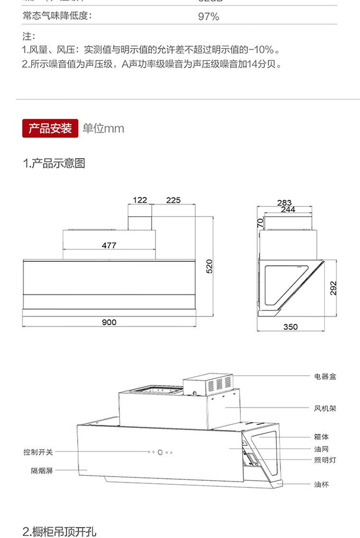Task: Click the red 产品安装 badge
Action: pos(50,128)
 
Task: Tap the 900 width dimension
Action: pos(109,322)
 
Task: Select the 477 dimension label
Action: pos(109,245)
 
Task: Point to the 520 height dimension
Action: pos(209,266)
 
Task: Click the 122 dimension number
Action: pos(140,200)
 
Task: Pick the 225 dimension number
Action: pos(173,200)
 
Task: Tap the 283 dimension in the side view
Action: pos(284,203)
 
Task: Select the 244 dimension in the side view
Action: pos(288,210)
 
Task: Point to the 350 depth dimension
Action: pos(290,327)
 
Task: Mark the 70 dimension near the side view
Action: pos(260,223)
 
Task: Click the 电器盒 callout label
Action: pos(325,377)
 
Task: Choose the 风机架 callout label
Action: pos(325,408)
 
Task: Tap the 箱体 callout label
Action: pos(322,437)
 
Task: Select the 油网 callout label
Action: pos(322,449)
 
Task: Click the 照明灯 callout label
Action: pos(325,460)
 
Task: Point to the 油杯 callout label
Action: pos(322,485)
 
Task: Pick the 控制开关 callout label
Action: pos(38,452)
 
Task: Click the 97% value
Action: pos(208,17)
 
